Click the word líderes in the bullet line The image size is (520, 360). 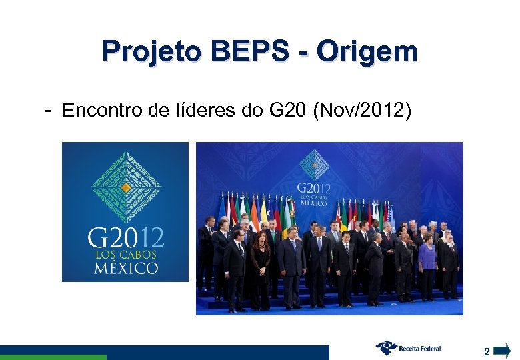(x=203, y=110)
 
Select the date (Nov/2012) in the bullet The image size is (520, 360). (x=362, y=110)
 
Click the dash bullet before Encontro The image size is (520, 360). (x=49, y=110)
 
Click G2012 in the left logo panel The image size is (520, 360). (x=126, y=238)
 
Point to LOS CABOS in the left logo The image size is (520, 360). (x=125, y=255)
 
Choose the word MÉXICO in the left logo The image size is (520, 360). (x=125, y=269)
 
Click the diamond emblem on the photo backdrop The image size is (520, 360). (x=313, y=164)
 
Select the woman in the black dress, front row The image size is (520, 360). (x=261, y=270)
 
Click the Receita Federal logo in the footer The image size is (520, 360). (x=408, y=347)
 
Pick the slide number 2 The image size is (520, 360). (x=487, y=351)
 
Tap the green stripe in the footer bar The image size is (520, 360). (x=53, y=357)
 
